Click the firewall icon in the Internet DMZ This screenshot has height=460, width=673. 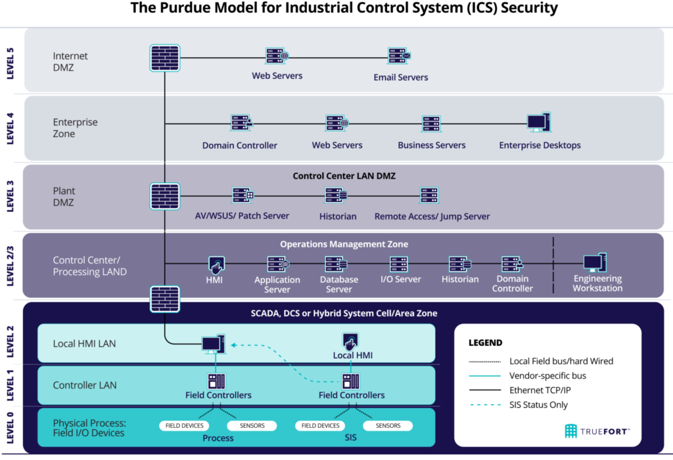coord(165,58)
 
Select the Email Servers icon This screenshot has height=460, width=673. coord(399,56)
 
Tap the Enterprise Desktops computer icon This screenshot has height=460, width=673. coord(539,122)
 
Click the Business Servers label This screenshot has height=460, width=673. coord(432,145)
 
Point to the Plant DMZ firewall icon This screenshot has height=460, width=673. coord(165,196)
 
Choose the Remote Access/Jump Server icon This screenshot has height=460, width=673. coord(429,196)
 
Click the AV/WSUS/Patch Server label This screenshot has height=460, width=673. coord(242,216)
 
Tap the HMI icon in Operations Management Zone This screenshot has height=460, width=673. coord(216,265)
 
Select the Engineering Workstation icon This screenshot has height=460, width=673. coord(595,262)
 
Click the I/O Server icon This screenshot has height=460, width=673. coord(399,264)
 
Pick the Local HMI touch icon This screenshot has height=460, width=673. coord(350,341)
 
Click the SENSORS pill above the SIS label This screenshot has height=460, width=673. coord(388,426)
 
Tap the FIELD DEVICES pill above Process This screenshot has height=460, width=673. coord(185,426)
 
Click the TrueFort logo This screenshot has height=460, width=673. coord(597,431)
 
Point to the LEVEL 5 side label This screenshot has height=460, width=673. coord(11,64)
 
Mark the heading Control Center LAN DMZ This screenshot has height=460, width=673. coord(344,176)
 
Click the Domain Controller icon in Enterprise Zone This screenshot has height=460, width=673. coord(242,123)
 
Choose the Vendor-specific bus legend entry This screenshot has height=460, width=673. coord(528,376)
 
